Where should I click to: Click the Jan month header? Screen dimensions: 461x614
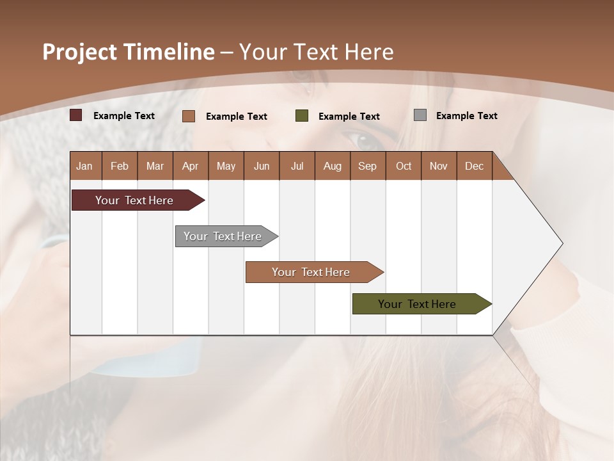point(84,166)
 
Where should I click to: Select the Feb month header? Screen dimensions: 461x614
point(120,166)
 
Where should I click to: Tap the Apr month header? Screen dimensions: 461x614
point(190,166)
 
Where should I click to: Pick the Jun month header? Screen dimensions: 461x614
point(262,166)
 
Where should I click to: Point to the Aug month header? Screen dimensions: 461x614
point(332,166)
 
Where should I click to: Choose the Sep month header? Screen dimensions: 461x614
point(367,166)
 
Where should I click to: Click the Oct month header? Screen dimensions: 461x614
point(404,166)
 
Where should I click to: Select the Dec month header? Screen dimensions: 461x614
point(474,166)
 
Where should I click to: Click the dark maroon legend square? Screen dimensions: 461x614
point(76,115)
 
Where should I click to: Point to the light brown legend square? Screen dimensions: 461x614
point(189,116)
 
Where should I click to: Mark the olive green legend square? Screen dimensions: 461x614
point(302,116)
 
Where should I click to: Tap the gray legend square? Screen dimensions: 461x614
point(420,115)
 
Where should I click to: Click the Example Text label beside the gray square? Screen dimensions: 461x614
point(466,116)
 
